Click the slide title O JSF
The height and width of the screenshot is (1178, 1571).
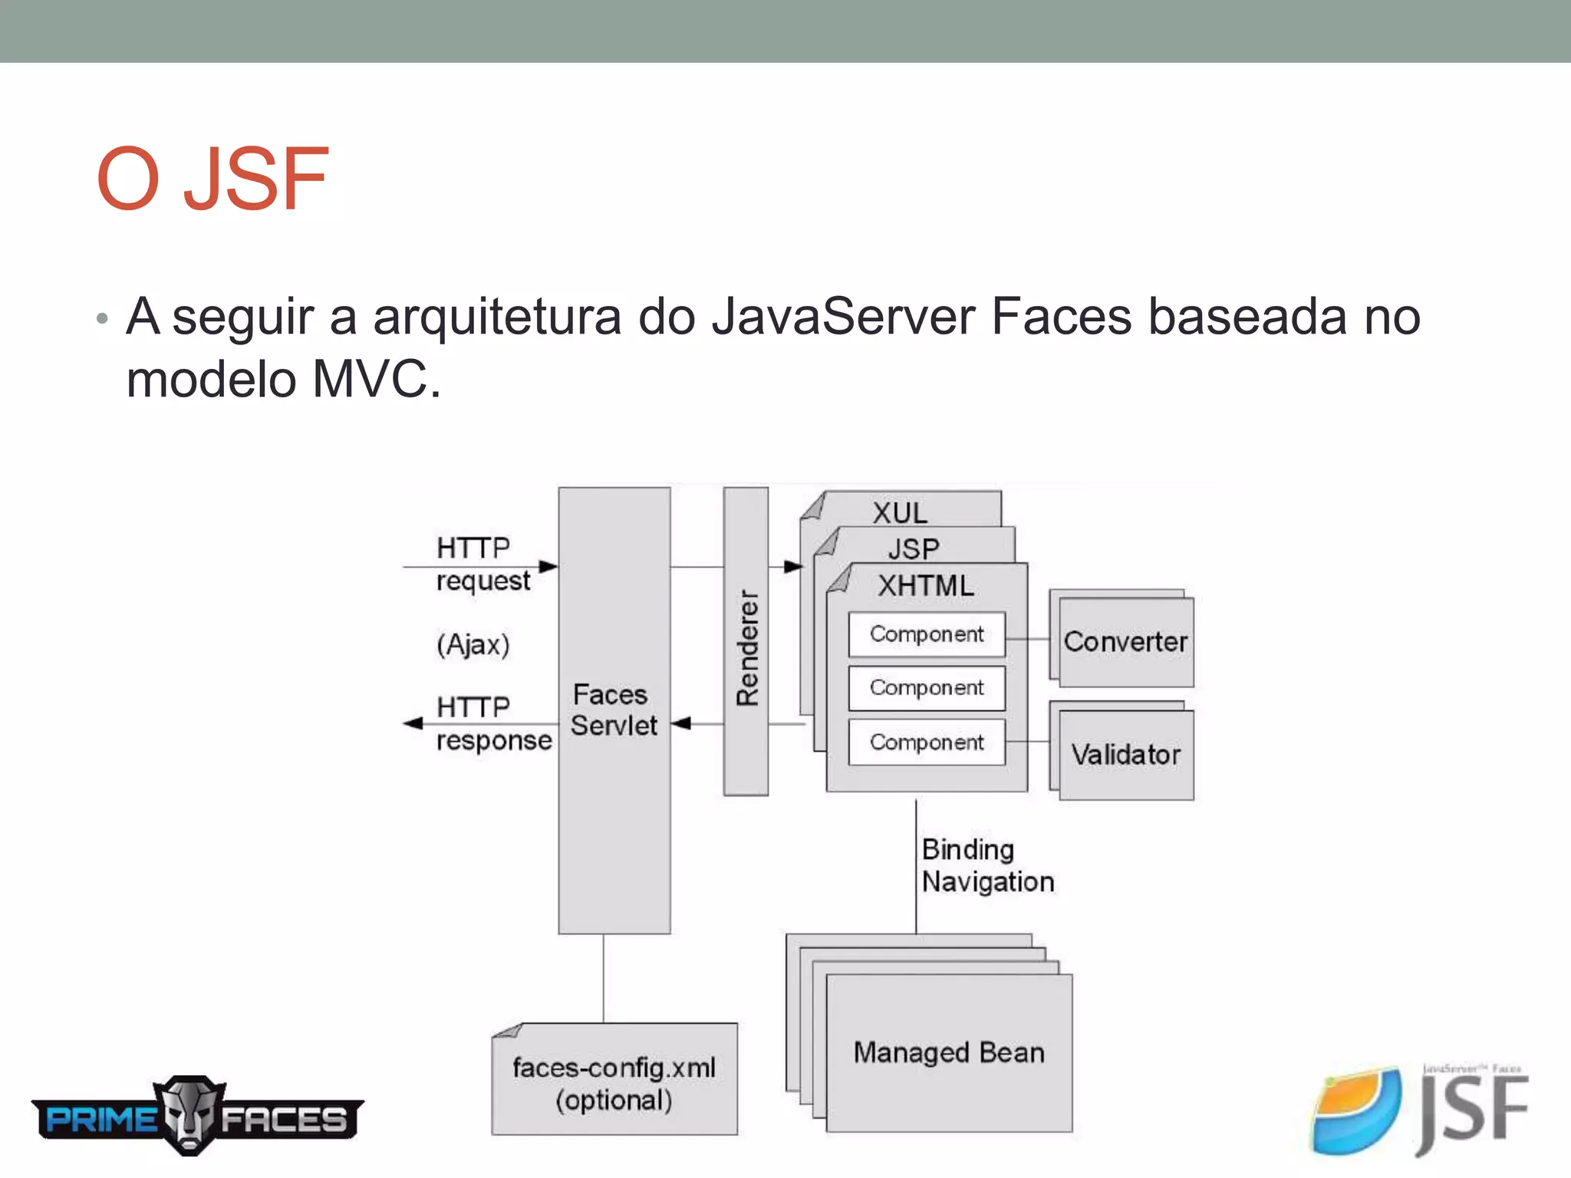[x=213, y=179]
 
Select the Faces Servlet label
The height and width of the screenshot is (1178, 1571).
[x=613, y=710]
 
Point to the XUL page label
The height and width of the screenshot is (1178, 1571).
[x=900, y=512]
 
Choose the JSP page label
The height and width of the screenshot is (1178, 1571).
[x=913, y=548]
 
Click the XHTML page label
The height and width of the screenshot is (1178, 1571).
[x=926, y=586]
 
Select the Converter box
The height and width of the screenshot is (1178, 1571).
[x=1125, y=642]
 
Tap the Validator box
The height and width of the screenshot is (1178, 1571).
[x=1125, y=755]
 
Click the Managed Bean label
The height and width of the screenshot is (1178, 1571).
[x=949, y=1052]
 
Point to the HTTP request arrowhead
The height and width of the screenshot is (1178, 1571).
[x=548, y=567]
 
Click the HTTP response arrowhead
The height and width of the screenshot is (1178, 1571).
[x=413, y=723]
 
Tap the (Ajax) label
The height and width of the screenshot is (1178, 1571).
[x=473, y=644]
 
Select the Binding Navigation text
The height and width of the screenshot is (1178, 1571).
[x=987, y=866]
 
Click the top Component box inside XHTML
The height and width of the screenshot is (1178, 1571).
[x=927, y=634]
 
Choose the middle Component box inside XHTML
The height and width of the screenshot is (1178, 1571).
[x=927, y=688]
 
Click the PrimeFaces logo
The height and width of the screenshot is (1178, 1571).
[x=197, y=1116]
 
